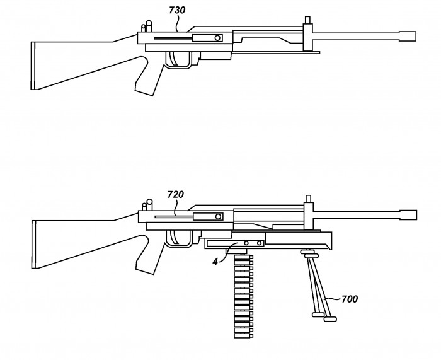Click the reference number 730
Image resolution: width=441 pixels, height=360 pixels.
[177, 10]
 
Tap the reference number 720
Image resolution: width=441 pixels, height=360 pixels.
[176, 194]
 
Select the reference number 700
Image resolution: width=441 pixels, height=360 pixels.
[350, 299]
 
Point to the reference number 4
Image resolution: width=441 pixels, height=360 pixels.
[215, 262]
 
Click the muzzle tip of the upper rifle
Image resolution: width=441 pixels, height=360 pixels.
[415, 37]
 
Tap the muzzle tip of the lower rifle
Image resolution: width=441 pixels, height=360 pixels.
[416, 215]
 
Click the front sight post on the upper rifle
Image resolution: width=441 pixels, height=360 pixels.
[307, 20]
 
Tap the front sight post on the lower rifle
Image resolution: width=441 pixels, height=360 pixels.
[308, 199]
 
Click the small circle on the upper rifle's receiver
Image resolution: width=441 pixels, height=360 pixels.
[217, 38]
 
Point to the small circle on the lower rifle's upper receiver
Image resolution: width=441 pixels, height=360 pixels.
[218, 216]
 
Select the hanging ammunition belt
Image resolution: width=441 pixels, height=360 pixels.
[244, 296]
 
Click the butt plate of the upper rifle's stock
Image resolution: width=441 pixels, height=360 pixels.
[33, 66]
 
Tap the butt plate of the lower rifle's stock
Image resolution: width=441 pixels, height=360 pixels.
[34, 245]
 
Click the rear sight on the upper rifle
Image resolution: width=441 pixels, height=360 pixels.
[147, 26]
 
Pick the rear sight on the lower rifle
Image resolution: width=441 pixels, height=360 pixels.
[147, 205]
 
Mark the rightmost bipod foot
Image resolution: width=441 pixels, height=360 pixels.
[330, 319]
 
